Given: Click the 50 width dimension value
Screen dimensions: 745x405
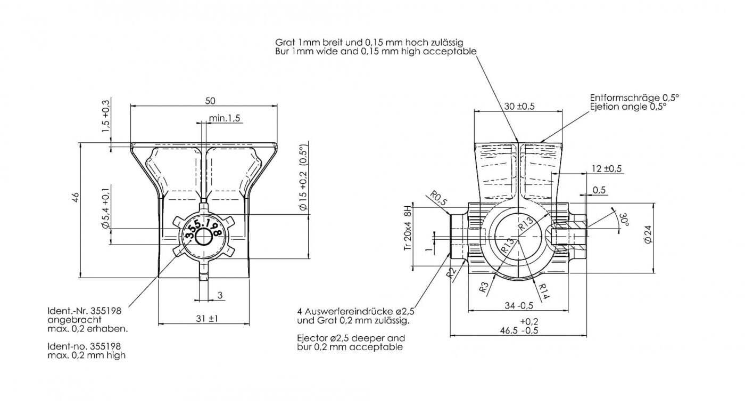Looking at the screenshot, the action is point(210,101).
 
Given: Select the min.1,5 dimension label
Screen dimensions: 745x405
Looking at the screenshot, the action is point(225,118).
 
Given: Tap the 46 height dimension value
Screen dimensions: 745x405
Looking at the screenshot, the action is point(76,197).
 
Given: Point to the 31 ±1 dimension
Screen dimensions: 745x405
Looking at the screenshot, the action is point(206,319).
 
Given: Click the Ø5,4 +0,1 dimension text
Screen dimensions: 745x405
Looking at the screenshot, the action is point(106,208).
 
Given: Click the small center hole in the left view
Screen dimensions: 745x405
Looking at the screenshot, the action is point(203,237).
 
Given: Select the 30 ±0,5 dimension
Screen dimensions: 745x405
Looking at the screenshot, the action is point(519,106).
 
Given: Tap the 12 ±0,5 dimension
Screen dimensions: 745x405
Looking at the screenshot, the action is point(607,168).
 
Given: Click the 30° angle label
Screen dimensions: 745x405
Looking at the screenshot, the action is point(623,220).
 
